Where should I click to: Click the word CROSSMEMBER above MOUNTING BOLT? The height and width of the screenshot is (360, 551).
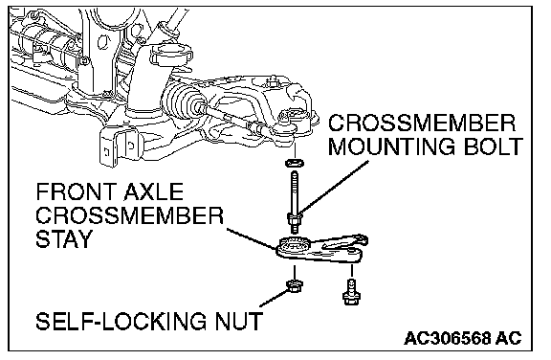(422, 123)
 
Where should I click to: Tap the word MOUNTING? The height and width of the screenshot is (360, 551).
(392, 146)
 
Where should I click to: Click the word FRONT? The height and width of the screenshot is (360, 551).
(73, 191)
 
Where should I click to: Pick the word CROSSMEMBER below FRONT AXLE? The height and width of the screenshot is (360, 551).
(130, 215)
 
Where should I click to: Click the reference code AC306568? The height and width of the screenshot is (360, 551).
(447, 338)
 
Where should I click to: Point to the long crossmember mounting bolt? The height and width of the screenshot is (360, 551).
(295, 201)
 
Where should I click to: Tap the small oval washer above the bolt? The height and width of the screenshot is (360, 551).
(295, 163)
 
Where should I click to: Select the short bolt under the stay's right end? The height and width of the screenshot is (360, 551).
(350, 293)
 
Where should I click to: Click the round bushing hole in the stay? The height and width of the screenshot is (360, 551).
(295, 244)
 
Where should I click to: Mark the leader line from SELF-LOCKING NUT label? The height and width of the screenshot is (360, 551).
(274, 299)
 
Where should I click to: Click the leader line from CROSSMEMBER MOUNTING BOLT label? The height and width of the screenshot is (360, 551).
(334, 188)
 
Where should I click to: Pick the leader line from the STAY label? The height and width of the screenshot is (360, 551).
(252, 238)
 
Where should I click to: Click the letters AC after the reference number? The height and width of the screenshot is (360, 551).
(509, 338)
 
